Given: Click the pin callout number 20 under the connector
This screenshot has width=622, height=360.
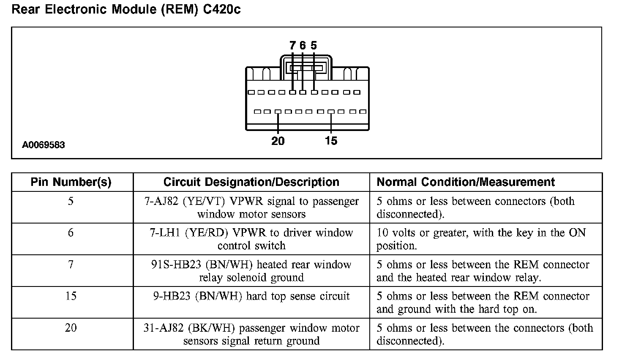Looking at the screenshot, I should pyautogui.click(x=278, y=141).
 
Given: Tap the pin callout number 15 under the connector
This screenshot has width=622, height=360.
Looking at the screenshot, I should pyautogui.click(x=331, y=141).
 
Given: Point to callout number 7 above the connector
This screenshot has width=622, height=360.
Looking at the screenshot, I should pyautogui.click(x=292, y=45).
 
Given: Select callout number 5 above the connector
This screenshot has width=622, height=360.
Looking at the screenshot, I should pyautogui.click(x=314, y=45).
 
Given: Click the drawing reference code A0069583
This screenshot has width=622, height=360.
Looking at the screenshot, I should pyautogui.click(x=44, y=145).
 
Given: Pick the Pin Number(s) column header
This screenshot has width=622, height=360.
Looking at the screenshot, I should pyautogui.click(x=71, y=182).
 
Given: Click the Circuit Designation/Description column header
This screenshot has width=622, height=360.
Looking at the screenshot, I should pyautogui.click(x=251, y=182).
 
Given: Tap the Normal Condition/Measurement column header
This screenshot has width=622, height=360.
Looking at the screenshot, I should pyautogui.click(x=466, y=182).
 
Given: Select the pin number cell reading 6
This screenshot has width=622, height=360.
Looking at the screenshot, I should pyautogui.click(x=71, y=233).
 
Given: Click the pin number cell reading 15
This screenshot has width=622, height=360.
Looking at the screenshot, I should pyautogui.click(x=71, y=296).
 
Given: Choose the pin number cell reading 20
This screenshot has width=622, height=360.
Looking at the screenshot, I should pyautogui.click(x=71, y=328).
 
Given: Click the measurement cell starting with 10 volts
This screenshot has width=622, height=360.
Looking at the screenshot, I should pyautogui.click(x=481, y=239).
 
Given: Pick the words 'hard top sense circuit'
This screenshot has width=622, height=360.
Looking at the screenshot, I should pyautogui.click(x=298, y=296).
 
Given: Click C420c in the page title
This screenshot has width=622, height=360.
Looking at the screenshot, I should pyautogui.click(x=221, y=10).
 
